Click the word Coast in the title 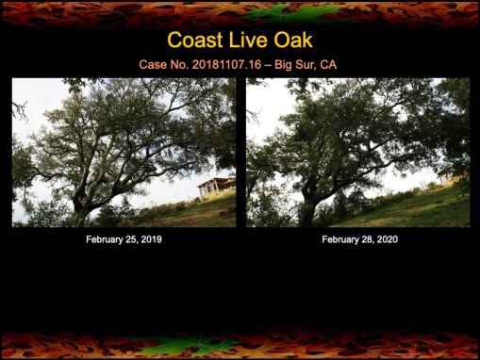tap(194, 41)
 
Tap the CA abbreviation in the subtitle tap(328, 65)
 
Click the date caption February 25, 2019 tap(124, 240)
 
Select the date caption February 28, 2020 tap(359, 240)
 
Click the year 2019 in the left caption tap(150, 240)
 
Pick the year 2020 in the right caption tap(386, 240)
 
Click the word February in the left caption tap(105, 240)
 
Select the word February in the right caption tap(340, 240)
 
